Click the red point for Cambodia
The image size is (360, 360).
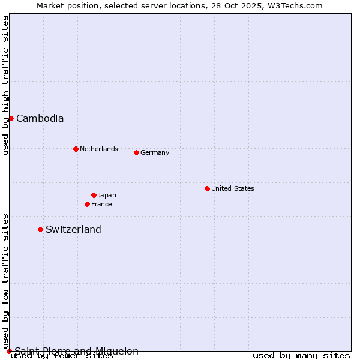(11, 118)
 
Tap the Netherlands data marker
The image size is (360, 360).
(76, 149)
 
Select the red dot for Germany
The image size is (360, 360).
(136, 152)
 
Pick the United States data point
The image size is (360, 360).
(207, 188)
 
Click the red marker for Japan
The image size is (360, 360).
(94, 195)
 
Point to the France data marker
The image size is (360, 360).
(87, 204)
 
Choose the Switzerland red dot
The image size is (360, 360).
(40, 229)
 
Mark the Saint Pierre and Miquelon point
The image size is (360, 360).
(9, 351)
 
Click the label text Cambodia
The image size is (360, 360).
(40, 118)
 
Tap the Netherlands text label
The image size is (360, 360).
(99, 149)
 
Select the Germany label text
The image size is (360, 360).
(155, 152)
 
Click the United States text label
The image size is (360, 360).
(233, 188)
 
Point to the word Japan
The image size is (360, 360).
(107, 195)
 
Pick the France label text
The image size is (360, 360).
(101, 204)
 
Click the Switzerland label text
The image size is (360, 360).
(73, 229)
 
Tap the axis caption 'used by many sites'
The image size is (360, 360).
(301, 355)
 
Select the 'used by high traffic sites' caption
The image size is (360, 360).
(5, 85)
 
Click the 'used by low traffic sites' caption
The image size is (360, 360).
(5, 281)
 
